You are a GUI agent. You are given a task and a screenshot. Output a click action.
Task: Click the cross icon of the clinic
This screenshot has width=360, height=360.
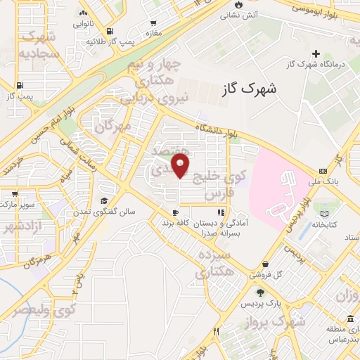[x=316, y=53]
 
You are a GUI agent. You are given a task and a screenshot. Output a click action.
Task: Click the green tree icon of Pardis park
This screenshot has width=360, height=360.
[x=260, y=292]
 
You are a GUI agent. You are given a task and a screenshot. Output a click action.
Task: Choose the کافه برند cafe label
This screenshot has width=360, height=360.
[x=176, y=222]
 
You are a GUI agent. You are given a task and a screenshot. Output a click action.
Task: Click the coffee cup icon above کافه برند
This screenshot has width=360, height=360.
[x=175, y=212]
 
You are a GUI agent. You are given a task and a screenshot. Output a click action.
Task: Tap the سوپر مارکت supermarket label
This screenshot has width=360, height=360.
[x=21, y=212]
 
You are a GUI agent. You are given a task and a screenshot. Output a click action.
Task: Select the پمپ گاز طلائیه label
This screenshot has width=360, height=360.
[x=111, y=41]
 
